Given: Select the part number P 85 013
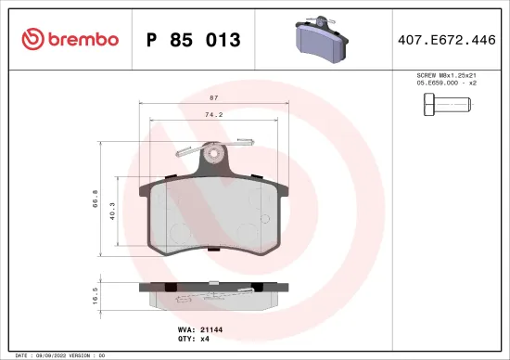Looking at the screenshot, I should click(x=194, y=40).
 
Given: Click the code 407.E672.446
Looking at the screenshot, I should click(x=447, y=40).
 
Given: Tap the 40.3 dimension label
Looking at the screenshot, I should click(x=112, y=215).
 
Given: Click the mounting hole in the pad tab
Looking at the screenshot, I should click(x=215, y=151).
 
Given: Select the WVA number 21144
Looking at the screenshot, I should click(x=214, y=328).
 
